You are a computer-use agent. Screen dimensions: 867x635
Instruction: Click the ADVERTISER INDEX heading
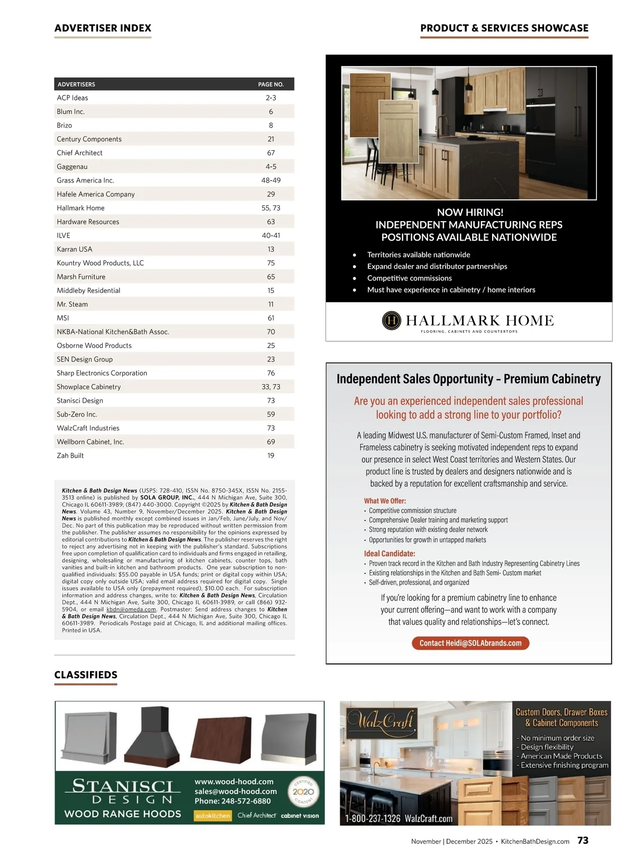[103, 28]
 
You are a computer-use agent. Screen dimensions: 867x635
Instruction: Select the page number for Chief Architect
[271, 153]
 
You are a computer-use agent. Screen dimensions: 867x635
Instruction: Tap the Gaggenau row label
[72, 167]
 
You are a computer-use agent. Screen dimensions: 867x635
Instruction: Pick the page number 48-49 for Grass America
[271, 180]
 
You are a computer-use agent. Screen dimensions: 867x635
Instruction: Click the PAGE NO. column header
[271, 85]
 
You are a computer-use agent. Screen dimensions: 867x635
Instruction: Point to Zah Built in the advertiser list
[70, 455]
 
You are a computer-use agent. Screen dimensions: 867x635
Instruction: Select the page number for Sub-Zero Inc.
[271, 414]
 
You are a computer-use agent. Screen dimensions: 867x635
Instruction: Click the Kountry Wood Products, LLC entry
[100, 263]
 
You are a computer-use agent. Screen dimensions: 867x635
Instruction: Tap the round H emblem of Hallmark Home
[392, 321]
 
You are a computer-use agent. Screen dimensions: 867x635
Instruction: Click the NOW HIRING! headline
[470, 212]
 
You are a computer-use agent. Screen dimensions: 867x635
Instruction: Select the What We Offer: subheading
[385, 501]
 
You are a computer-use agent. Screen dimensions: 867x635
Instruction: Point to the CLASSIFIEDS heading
[86, 675]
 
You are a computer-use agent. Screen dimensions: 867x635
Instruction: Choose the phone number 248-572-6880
[232, 801]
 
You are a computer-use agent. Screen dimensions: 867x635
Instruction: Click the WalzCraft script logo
[380, 721]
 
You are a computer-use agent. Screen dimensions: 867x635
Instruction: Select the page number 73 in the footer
[583, 841]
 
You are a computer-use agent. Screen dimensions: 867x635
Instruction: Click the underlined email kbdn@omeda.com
[131, 609]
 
